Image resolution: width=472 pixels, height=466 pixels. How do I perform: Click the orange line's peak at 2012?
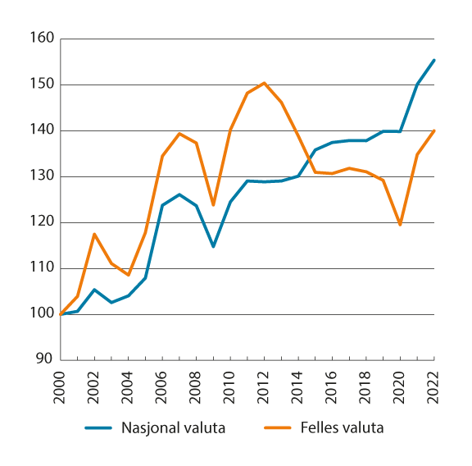[265, 83]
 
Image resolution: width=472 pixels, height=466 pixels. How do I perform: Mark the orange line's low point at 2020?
[400, 224]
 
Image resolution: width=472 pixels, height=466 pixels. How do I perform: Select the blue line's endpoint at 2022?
[433, 60]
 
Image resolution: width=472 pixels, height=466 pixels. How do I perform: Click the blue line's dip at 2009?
[213, 246]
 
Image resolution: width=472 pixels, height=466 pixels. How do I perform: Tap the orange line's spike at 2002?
[95, 234]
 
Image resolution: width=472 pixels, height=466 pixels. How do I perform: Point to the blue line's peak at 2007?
[179, 194]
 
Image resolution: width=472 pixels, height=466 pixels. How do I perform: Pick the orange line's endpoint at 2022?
[433, 130]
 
